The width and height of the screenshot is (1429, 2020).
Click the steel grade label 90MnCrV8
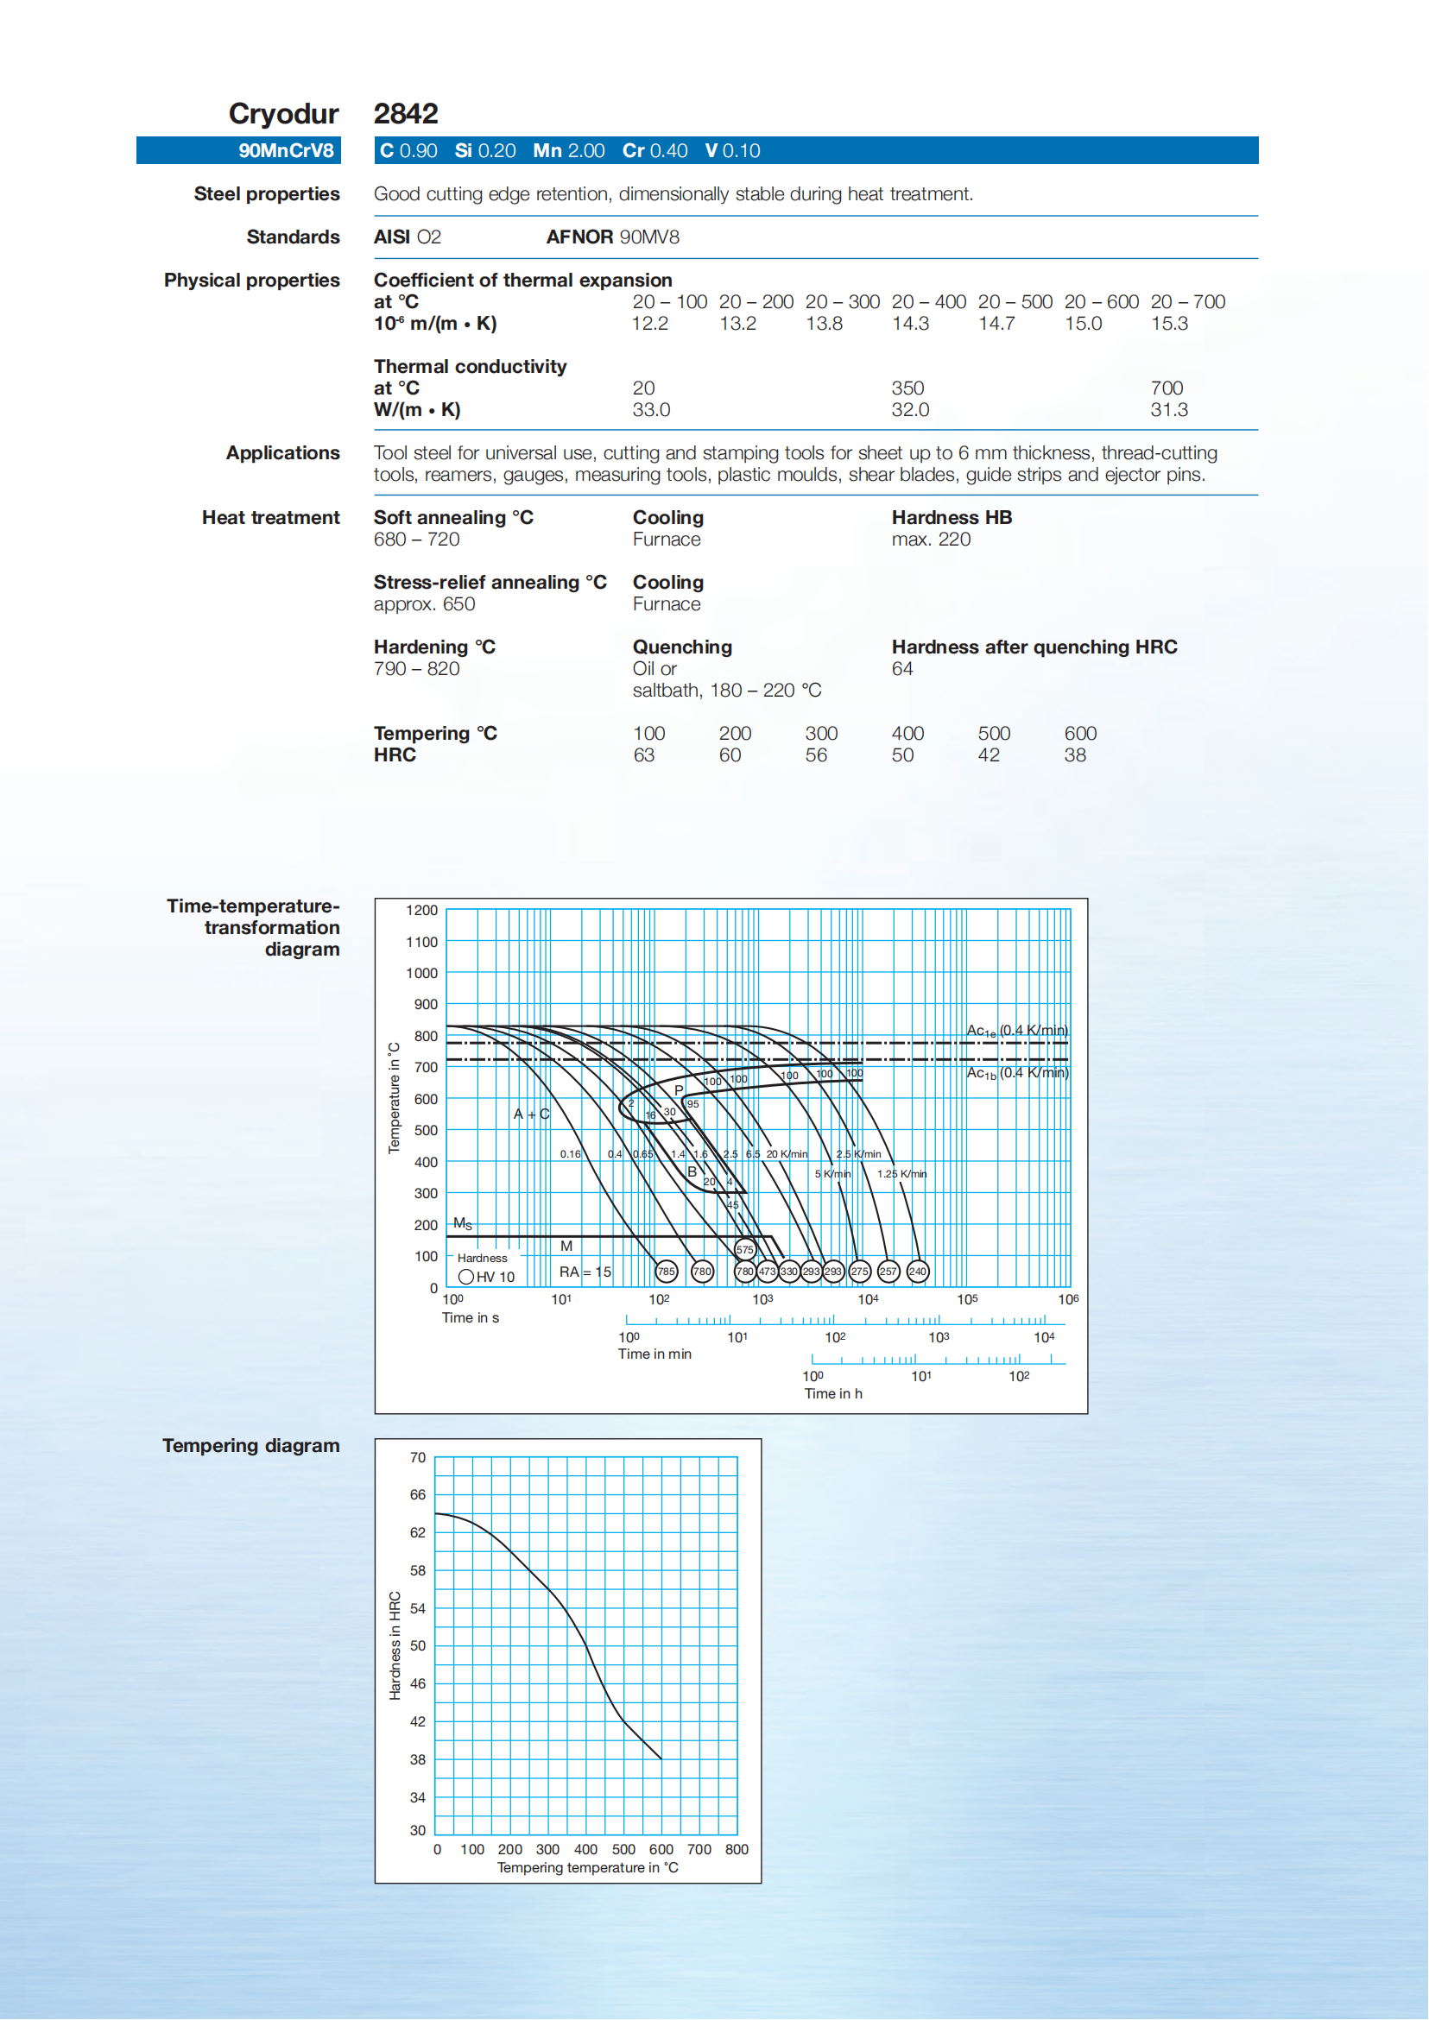286,150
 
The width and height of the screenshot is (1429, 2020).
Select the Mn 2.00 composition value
568,150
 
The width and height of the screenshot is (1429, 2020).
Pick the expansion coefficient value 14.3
910,323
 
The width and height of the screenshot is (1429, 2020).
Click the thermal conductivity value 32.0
910,409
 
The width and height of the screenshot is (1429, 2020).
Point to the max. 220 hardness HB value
931,540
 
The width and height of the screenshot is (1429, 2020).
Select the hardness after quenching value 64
902,669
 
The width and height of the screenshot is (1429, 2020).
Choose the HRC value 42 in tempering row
988,754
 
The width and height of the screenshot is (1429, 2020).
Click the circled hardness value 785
666,1272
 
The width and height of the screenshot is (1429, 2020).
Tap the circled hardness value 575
744,1249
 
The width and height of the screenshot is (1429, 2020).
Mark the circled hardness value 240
917,1272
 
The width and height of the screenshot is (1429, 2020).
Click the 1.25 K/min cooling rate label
901,1174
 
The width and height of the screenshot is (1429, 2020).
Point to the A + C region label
532,1114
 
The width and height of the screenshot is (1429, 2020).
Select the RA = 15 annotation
585,1272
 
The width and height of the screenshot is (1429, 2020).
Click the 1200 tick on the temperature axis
421,910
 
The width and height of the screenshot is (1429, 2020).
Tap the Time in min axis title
654,1354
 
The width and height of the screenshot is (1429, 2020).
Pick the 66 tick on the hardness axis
417,1495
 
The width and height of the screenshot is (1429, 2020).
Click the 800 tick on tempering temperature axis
737,1849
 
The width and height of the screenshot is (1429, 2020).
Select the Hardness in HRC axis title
395,1645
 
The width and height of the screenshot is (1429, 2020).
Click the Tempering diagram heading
250,1445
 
